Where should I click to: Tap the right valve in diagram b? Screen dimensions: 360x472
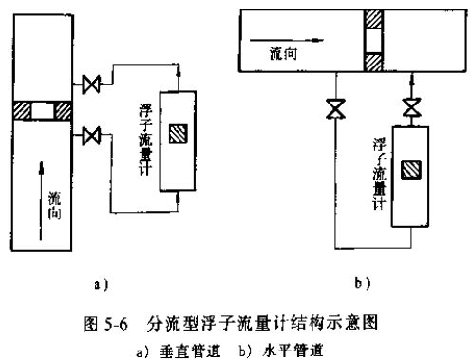pyautogui.click(x=410, y=108)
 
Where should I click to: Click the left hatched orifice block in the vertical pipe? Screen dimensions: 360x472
pyautogui.click(x=18, y=110)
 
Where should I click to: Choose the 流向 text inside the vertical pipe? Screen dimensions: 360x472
pyautogui.click(x=53, y=205)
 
